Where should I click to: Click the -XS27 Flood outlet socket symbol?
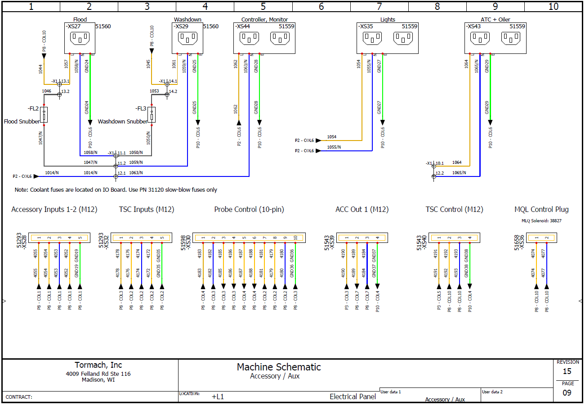coord(80,38)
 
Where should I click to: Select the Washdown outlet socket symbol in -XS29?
coord(188,38)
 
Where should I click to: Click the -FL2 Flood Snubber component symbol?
coord(44,115)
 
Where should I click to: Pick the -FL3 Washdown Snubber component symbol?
coord(152,115)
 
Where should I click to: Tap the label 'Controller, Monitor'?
coord(264,20)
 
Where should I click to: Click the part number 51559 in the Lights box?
coord(409,26)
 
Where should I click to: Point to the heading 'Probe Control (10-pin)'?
coord(249,209)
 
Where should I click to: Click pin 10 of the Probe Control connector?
coord(295,238)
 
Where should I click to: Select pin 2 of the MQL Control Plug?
coord(547,238)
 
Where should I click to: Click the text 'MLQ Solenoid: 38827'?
coord(541,220)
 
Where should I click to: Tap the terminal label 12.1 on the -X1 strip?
coord(122,173)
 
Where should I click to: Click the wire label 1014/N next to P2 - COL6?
coord(52,172)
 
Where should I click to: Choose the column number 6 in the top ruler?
coord(321,7)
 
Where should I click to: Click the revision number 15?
coord(567,371)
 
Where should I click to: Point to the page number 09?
coord(567,392)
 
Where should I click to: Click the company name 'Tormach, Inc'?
coord(98,365)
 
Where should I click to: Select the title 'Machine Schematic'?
coord(279,367)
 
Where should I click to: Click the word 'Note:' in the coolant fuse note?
coord(22,190)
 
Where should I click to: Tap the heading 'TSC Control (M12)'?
coord(454,209)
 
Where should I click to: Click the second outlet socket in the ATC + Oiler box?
coord(511,38)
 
